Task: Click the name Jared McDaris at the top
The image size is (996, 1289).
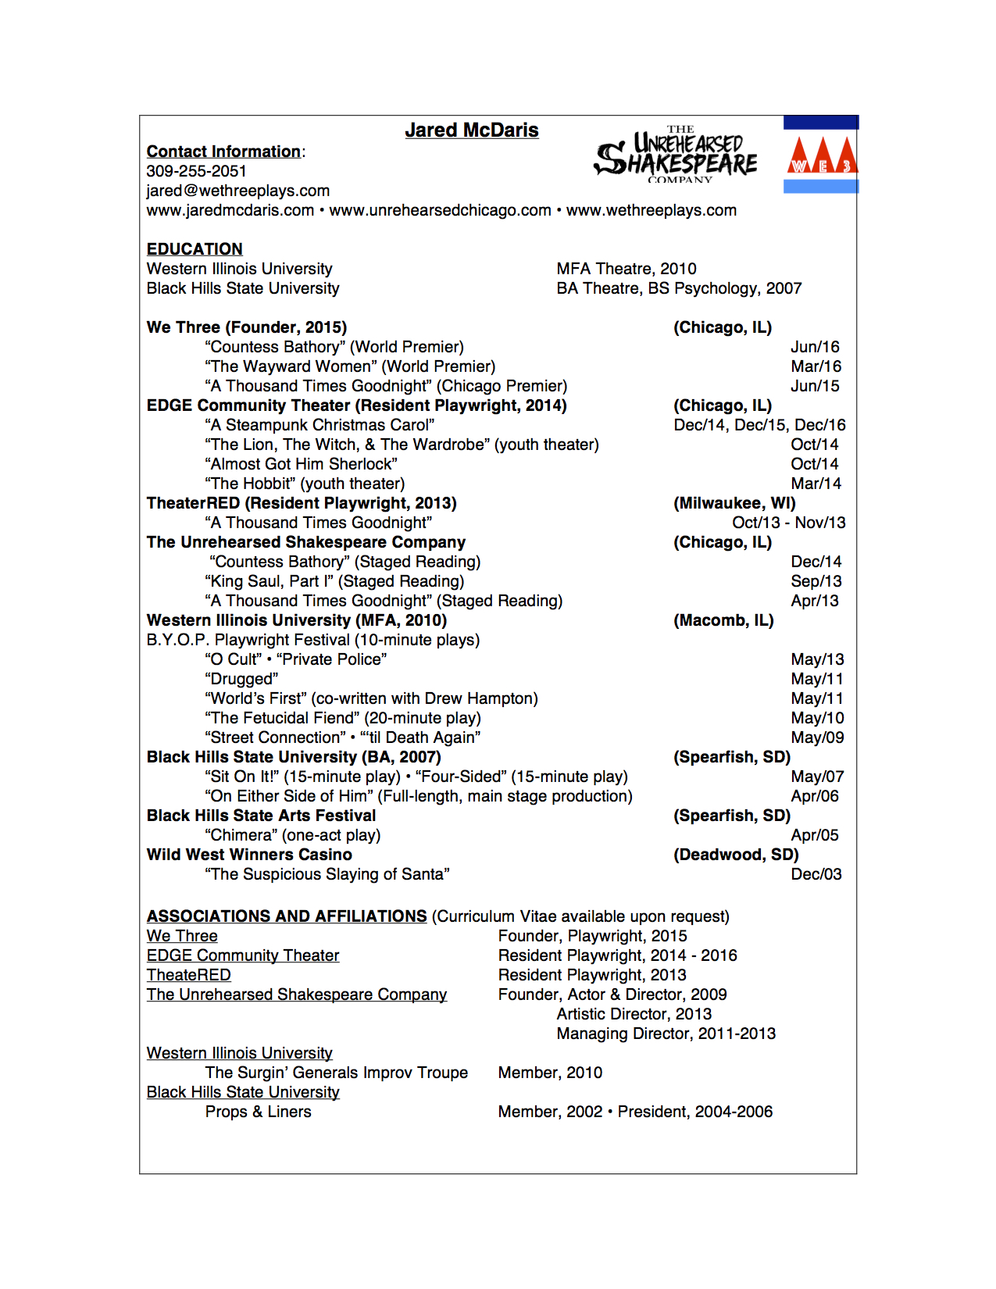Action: tap(471, 130)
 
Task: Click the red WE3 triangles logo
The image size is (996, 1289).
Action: tap(821, 155)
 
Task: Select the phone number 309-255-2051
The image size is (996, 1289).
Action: tap(196, 171)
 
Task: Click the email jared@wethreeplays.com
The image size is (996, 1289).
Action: tap(237, 191)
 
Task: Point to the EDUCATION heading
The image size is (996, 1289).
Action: tap(195, 249)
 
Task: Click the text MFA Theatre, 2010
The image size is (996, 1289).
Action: tap(626, 269)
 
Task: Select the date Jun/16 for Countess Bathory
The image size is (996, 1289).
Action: tap(815, 347)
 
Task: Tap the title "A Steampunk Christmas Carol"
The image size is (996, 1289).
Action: tap(320, 425)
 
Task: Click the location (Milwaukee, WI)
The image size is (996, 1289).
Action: tap(734, 503)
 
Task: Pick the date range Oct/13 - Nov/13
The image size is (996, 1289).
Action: tap(788, 523)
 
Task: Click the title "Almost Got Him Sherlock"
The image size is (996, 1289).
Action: tap(301, 464)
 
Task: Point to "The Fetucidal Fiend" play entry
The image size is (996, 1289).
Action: tap(343, 718)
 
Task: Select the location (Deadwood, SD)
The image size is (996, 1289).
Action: tap(736, 855)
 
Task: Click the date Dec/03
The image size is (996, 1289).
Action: tap(816, 874)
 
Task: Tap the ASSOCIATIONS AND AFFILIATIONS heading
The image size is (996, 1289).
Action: tap(287, 916)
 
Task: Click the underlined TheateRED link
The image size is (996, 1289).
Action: tap(188, 975)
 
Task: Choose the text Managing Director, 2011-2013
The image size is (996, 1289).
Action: tap(666, 1034)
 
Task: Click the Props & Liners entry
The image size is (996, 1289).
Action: tap(258, 1112)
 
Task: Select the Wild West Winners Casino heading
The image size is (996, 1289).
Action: tap(249, 855)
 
